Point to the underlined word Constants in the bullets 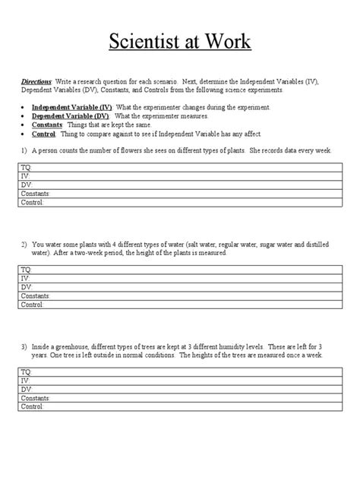(x=48, y=125)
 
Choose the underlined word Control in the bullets (x=44, y=134)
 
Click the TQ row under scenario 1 (x=179, y=166)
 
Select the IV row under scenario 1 (x=179, y=175)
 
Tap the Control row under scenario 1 (x=179, y=202)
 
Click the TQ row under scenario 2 (x=179, y=269)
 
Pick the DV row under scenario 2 (x=179, y=286)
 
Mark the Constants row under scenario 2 (x=179, y=295)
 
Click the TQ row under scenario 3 (x=179, y=371)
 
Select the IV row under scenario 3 (x=179, y=380)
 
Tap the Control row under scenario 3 (x=179, y=406)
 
